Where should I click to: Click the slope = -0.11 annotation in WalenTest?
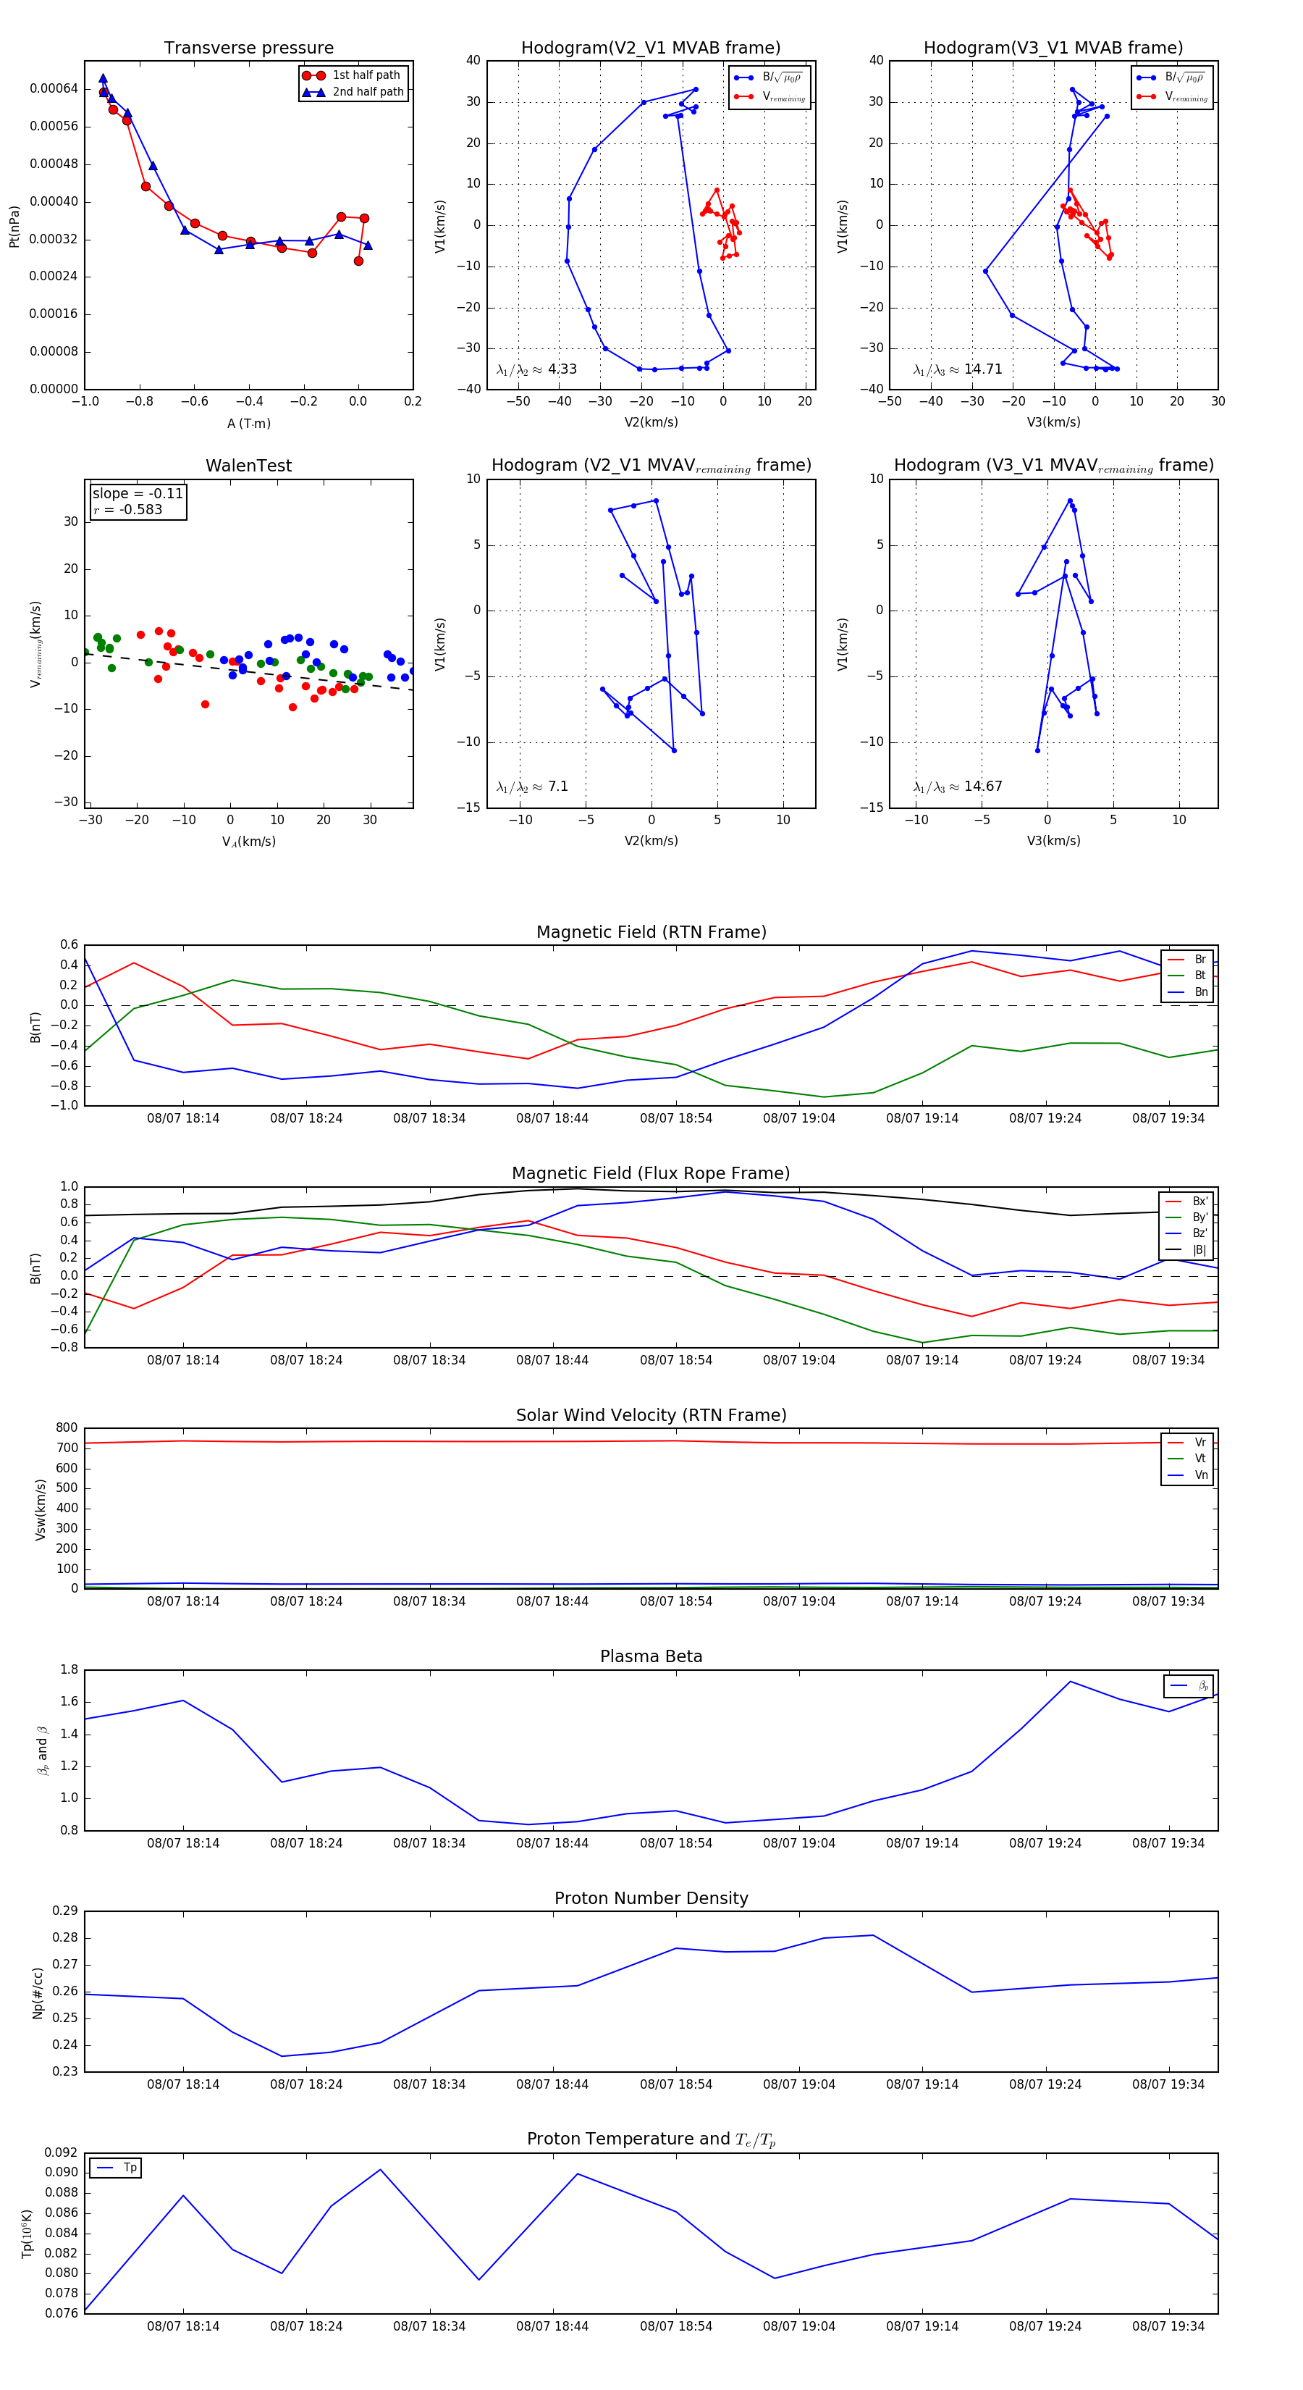[x=138, y=494]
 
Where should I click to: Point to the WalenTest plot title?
[x=248, y=466]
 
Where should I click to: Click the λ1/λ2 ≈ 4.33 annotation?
[x=536, y=369]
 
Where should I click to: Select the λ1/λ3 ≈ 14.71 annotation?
[x=957, y=369]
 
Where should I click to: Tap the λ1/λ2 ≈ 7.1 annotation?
[x=532, y=787]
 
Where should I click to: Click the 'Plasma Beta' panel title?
[x=651, y=1657]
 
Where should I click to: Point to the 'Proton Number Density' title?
[x=651, y=1898]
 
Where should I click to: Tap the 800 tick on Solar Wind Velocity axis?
[x=67, y=1428]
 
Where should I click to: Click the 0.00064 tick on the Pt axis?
[x=54, y=89]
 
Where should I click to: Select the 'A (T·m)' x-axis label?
[x=248, y=424]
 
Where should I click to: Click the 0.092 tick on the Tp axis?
[x=62, y=2152]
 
